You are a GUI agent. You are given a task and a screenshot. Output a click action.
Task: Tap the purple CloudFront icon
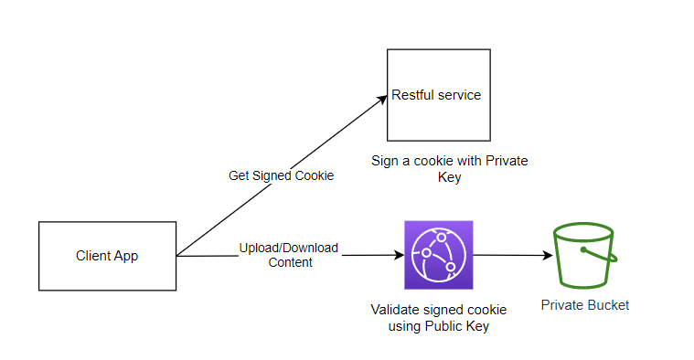click(439, 255)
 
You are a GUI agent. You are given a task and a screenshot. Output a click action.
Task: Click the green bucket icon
click(585, 255)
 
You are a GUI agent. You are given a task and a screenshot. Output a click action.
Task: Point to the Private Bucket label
click(584, 305)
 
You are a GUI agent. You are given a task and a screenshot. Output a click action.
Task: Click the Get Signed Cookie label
click(281, 175)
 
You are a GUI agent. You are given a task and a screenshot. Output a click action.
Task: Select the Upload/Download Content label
click(289, 255)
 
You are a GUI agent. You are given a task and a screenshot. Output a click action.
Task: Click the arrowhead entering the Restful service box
click(383, 99)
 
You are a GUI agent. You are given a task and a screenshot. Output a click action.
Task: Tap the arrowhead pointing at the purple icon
click(400, 255)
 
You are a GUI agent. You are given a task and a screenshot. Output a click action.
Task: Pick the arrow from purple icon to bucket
click(513, 255)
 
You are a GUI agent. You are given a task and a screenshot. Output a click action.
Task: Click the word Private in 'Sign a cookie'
click(507, 161)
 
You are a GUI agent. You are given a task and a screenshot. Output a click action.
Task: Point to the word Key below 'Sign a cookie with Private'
click(449, 177)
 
